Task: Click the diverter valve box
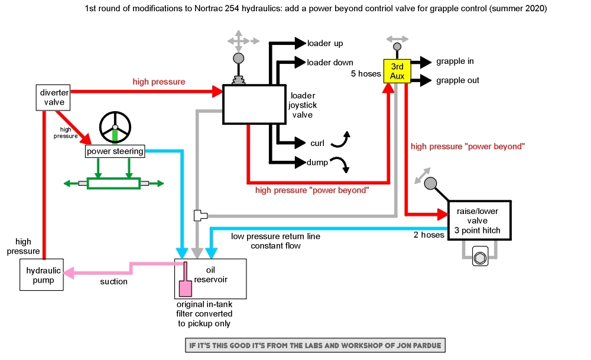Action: pos(54,98)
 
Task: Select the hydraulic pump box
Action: pos(44,275)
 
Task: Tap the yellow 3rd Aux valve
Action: pos(397,71)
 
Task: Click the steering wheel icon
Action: pos(115,128)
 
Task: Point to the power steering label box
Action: pos(115,151)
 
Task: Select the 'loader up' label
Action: pos(324,44)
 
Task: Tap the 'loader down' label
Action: pos(330,63)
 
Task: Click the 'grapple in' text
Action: pos(455,61)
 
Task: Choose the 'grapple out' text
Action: pos(457,80)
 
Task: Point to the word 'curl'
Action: pos(317,143)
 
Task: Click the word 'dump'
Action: pos(317,162)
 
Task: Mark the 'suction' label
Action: pos(113,282)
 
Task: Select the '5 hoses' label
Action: pos(366,74)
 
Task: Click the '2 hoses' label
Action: pos(429,235)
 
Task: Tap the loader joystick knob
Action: pos(238,59)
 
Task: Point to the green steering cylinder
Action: pos(113,183)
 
